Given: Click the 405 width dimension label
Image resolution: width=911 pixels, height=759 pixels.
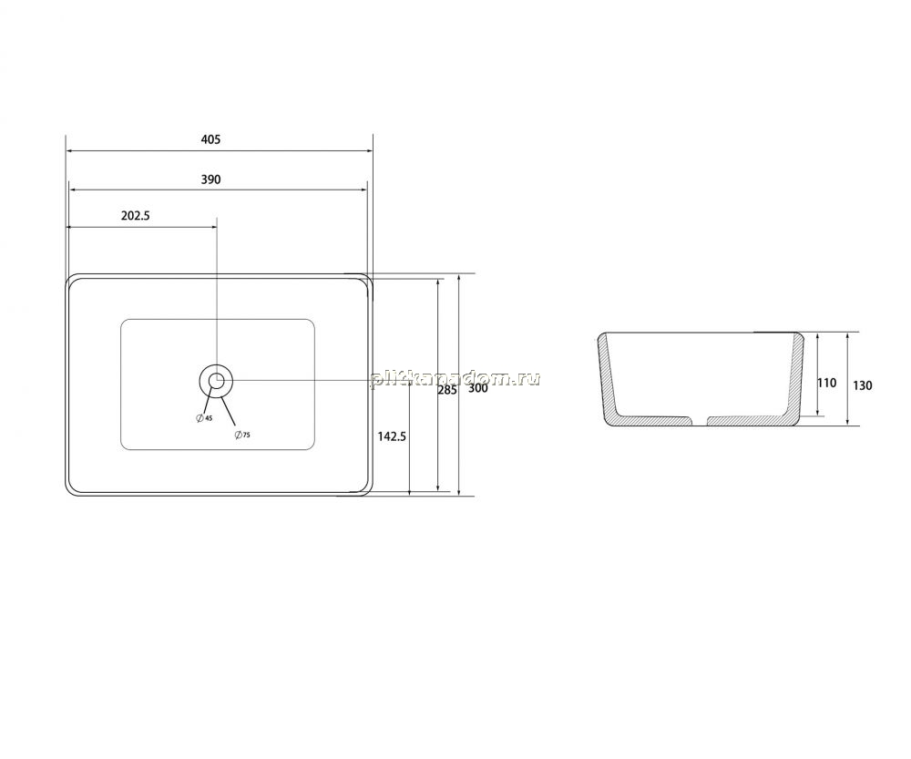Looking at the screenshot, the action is coord(210,139).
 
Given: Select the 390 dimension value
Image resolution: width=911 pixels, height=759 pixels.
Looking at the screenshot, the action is coord(210,179).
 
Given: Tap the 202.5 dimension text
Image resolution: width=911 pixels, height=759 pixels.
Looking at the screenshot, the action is coord(136,216).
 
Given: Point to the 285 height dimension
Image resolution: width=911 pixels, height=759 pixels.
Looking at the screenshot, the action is coord(446,391).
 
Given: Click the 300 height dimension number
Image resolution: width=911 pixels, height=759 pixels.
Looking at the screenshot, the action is coord(477,388).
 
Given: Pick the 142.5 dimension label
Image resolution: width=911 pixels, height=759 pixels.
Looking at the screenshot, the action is coord(392,436).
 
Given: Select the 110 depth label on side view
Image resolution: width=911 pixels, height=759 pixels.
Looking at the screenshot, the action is coord(826,383).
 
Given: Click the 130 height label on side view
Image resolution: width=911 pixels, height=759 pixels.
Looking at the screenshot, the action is coord(862,385).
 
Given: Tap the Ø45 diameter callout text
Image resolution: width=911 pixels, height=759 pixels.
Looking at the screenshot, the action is coord(204,418).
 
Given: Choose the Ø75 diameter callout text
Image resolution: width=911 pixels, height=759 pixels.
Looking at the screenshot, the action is coord(241,435).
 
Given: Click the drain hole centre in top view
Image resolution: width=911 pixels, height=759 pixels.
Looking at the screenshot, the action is coord(216,381).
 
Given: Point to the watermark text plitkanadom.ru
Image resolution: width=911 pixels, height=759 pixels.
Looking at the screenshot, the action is coord(455,379).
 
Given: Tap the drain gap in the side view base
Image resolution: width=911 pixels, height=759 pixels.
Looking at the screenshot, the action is coord(699,421).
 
